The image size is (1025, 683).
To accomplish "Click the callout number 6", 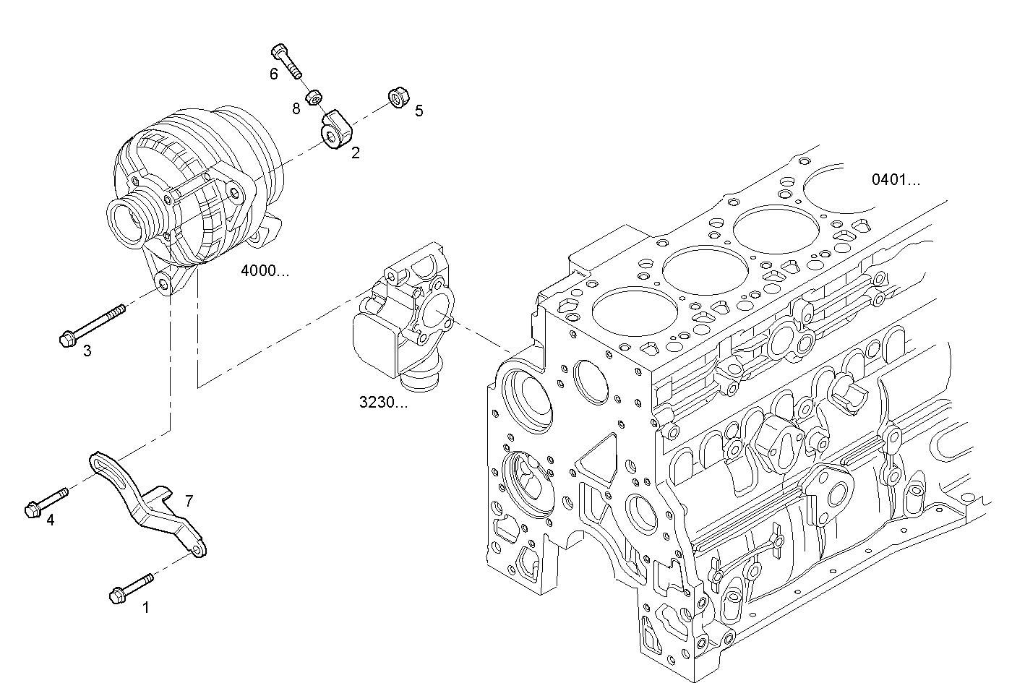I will tap(273, 74).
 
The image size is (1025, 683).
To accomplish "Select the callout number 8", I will tap(296, 108).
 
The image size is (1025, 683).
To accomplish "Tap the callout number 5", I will tap(419, 111).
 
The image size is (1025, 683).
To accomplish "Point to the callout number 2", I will tap(355, 153).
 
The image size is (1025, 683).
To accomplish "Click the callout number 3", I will tap(87, 351).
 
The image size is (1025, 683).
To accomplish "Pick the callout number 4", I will tap(50, 520).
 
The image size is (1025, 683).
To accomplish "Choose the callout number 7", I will tap(189, 500).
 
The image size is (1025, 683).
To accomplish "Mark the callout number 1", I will tap(145, 608).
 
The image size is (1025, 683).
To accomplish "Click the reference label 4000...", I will tap(265, 271).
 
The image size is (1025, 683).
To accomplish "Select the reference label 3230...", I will tap(383, 403).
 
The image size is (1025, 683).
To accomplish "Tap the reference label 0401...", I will tap(896, 180).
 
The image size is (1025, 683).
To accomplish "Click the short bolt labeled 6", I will tap(287, 61).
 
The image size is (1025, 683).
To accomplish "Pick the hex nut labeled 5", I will tap(397, 96).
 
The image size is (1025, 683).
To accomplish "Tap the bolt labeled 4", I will tap(46, 502).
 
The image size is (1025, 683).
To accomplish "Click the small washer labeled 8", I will tap(314, 97).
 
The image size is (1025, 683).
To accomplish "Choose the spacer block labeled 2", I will tap(336, 129).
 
